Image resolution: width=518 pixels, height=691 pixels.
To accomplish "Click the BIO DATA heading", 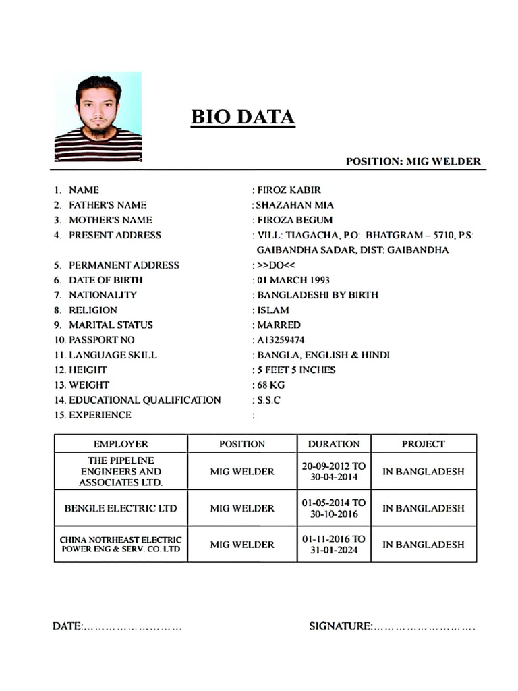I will (x=243, y=117).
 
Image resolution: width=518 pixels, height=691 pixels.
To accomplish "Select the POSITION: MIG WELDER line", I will (x=413, y=161).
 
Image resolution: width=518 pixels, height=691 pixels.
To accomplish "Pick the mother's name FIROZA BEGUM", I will (x=295, y=220).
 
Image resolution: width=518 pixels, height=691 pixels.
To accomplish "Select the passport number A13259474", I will (x=281, y=340).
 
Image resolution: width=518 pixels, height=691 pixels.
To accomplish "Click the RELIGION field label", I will (x=93, y=310).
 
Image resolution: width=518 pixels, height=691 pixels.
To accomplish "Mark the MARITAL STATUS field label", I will (x=111, y=325).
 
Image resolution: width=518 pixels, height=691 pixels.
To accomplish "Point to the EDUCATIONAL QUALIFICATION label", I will (x=144, y=400).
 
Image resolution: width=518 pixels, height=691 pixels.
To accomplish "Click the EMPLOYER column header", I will (x=121, y=444).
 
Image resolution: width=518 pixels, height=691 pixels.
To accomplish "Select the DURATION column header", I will (x=334, y=444).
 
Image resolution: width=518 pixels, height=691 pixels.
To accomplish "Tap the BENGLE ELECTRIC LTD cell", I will (x=121, y=508).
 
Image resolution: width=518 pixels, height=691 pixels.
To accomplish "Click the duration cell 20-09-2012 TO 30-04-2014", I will (x=334, y=471).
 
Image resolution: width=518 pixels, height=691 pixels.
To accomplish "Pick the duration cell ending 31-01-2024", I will (x=334, y=545).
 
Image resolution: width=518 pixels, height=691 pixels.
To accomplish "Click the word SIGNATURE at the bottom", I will (x=340, y=626).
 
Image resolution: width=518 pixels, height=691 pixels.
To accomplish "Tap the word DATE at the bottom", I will (x=67, y=626).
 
